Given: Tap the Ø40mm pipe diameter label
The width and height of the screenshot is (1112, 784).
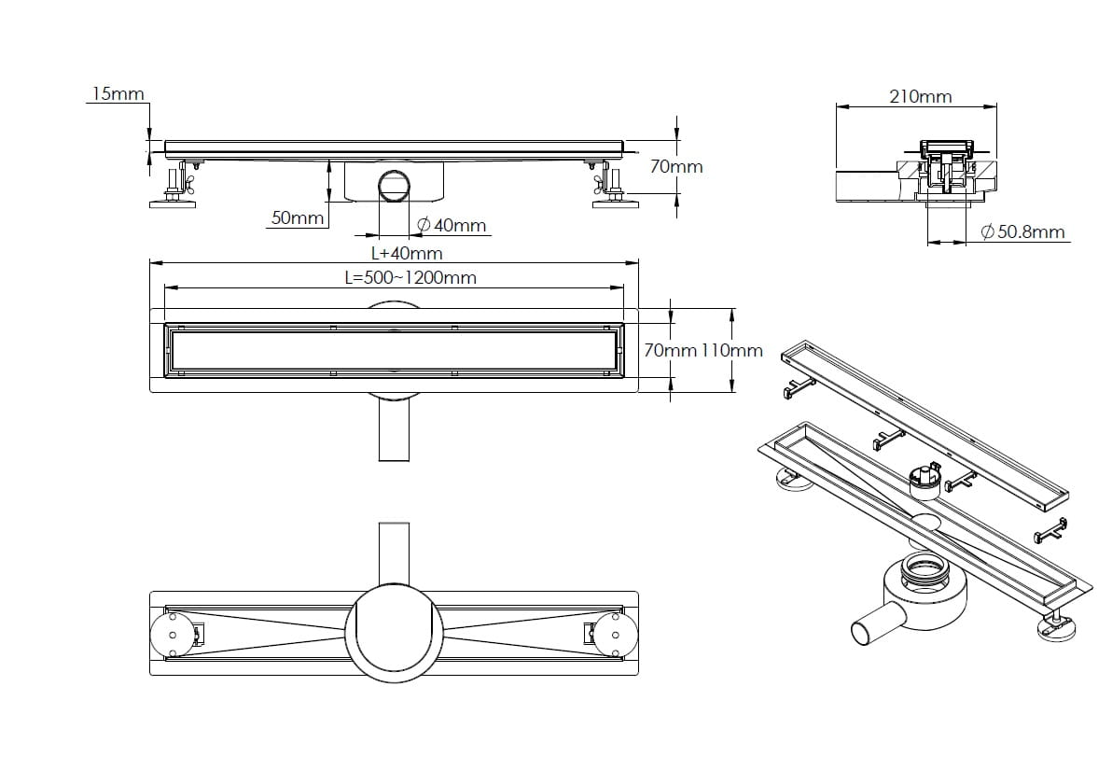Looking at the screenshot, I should click(452, 226).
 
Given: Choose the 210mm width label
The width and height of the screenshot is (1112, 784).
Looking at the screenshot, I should click(920, 96).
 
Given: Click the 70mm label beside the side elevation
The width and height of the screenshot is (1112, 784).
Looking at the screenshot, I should click(675, 167).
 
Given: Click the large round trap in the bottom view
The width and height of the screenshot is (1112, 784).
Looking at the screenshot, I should click(394, 633).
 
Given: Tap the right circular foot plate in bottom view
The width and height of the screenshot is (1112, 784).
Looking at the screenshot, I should click(615, 636).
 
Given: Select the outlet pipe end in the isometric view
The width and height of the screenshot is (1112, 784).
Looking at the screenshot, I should click(867, 632).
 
